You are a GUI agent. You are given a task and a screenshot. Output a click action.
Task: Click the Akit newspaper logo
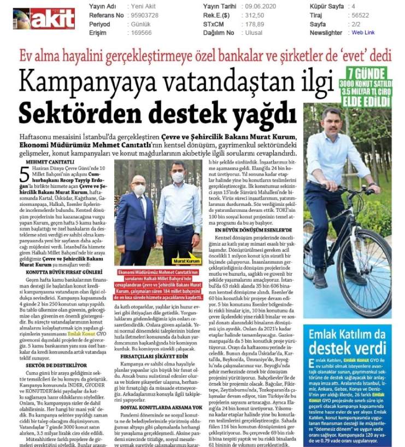click(44, 19)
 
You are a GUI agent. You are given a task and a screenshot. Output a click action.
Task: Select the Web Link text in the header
click(363, 33)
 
